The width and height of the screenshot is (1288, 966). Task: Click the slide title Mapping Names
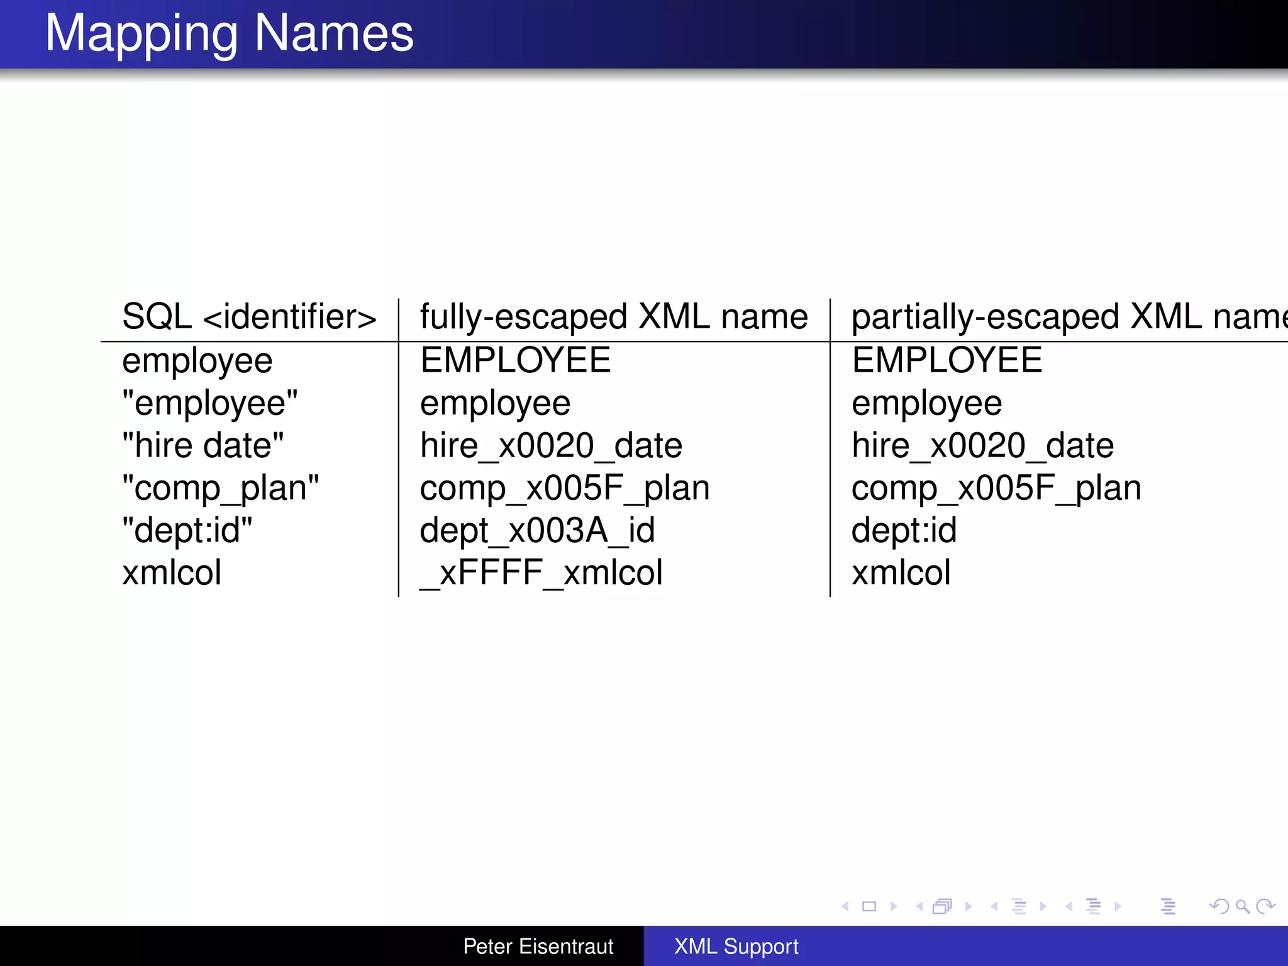point(229,33)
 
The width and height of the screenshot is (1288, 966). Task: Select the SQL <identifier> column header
point(249,316)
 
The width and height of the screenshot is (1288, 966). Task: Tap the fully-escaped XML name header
point(614,316)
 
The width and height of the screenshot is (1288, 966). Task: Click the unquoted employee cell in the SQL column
point(197,361)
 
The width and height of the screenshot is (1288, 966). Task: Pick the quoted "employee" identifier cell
point(210,403)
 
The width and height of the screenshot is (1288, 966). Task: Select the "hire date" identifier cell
point(203,445)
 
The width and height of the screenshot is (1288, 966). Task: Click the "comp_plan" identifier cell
point(220,488)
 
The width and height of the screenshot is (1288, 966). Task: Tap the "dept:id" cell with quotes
point(187,530)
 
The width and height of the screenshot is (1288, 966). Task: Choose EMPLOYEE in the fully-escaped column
point(515,360)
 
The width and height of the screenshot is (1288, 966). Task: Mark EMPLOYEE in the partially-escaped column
point(947,360)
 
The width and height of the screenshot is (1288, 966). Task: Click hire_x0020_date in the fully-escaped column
point(551,445)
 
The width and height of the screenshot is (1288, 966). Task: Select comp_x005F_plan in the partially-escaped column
point(996,488)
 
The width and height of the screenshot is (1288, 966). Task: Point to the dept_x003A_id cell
point(537,530)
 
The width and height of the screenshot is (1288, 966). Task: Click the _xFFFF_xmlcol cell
point(541,573)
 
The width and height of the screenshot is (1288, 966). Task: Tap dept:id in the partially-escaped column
point(904,530)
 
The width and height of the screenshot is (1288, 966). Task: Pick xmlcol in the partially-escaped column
point(901,573)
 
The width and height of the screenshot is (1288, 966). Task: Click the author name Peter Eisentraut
point(538,946)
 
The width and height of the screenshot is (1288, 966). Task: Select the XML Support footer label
point(736,946)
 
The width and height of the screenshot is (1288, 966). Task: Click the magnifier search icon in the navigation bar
point(1242,906)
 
